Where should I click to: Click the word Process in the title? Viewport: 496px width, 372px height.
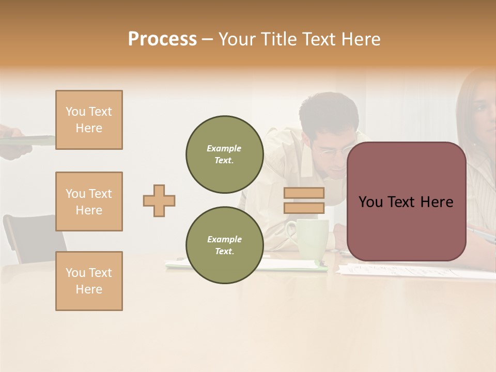[x=162, y=39]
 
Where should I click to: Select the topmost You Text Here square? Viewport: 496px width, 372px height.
[x=89, y=120]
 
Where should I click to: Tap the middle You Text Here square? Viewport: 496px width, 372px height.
[x=89, y=202]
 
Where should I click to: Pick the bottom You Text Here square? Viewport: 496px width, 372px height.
[x=89, y=281]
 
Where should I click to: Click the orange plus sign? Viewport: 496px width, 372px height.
[x=159, y=200]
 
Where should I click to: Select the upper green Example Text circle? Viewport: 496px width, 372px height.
[x=225, y=154]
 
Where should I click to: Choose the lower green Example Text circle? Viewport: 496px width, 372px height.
[x=225, y=245]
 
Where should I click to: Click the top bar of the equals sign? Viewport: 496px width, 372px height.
[x=304, y=193]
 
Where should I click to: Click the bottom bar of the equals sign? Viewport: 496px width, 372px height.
[x=304, y=208]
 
